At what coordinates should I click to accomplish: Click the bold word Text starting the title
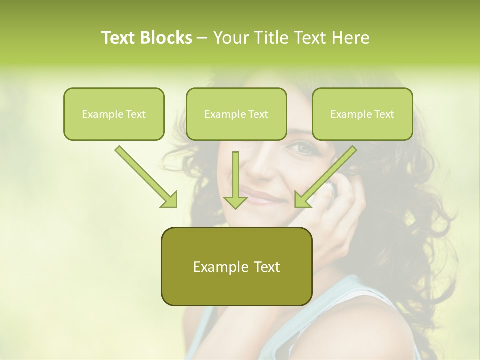point(119,38)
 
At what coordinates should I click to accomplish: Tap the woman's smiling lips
point(265,197)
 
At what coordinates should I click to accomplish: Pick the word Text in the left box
point(136,114)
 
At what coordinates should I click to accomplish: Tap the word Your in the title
point(231,38)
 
